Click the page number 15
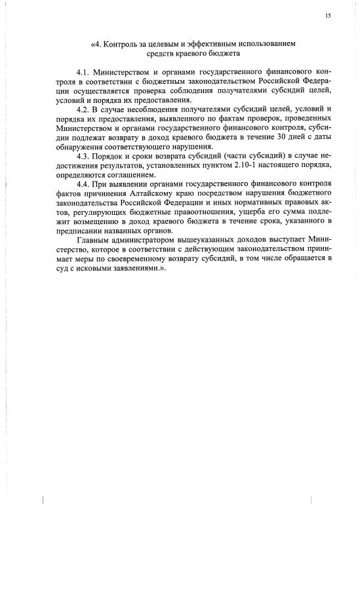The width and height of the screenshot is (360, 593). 327,15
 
